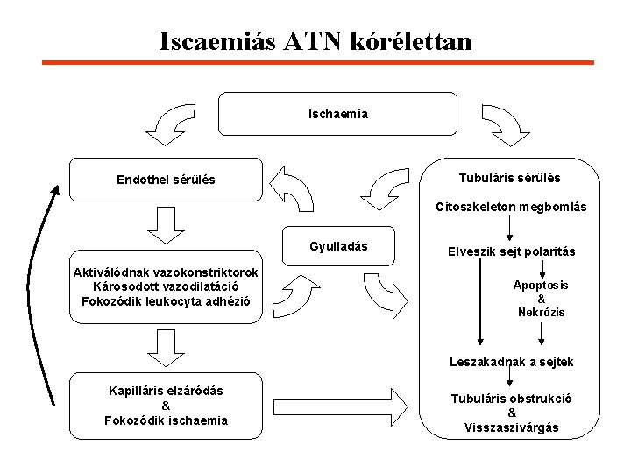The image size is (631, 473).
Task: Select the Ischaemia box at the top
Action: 337,114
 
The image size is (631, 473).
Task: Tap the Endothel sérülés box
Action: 166,180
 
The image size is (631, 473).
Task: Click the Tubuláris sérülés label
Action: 509,178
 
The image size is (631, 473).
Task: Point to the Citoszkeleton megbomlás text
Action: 511,208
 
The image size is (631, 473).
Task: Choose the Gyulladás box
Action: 338,246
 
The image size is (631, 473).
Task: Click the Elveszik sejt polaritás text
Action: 513,251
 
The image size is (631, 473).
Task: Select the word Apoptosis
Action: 541,285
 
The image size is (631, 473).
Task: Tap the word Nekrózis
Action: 541,313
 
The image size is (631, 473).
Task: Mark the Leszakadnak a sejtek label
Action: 512,361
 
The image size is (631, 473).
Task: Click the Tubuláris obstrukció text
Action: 512,398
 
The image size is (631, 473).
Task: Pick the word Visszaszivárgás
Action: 512,427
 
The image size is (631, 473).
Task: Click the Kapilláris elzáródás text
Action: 166,391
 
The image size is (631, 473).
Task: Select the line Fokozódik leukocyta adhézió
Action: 166,301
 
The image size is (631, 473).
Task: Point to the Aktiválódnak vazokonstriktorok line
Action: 166,272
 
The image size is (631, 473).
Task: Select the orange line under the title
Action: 318,63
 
